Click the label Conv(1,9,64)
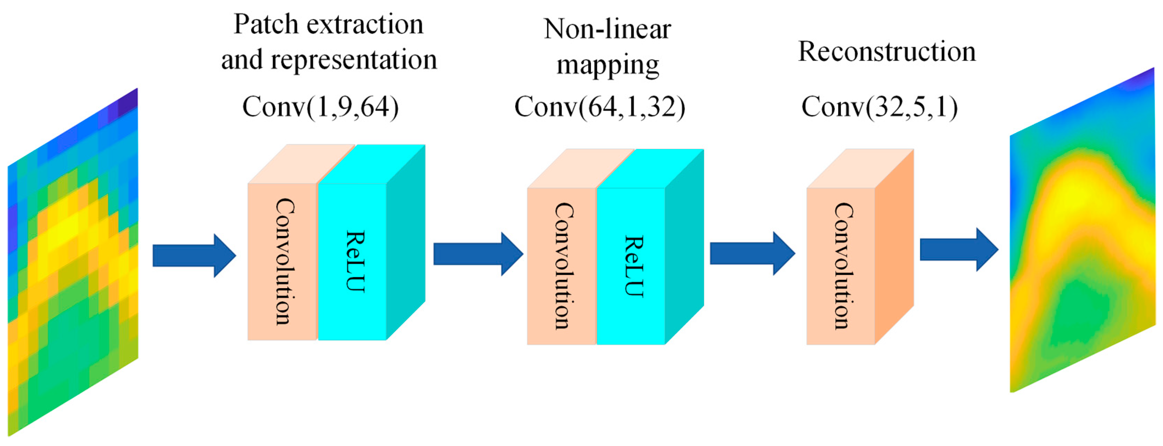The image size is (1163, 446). [321, 108]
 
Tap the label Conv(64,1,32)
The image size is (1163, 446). [600, 108]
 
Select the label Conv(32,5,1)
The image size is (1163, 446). [880, 108]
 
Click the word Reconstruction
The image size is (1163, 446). [887, 51]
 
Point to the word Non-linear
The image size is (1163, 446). [607, 29]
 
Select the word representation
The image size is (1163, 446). [354, 60]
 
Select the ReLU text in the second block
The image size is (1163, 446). [633, 267]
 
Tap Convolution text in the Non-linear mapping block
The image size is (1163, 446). [563, 267]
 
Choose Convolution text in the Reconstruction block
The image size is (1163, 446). [842, 267]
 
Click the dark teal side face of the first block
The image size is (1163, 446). [405, 244]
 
